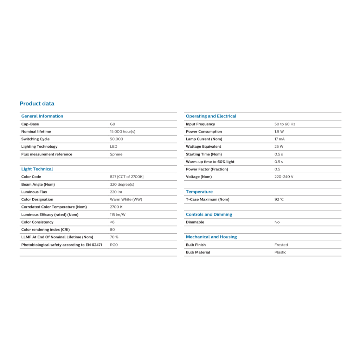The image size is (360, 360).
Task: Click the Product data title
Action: tap(37, 103)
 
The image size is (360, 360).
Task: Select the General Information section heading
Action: tap(42, 116)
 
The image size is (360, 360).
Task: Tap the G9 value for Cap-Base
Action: tap(112, 124)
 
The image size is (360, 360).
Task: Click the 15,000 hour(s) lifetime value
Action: tap(122, 131)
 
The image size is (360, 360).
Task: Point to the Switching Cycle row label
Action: tap(35, 139)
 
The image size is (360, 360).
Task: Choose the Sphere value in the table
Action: tap(116, 154)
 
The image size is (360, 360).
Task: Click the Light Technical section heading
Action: tap(37, 169)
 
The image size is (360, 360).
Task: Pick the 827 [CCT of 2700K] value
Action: tap(127, 177)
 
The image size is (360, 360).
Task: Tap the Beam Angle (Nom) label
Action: tap(38, 185)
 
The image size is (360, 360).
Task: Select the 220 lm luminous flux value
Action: tap(116, 192)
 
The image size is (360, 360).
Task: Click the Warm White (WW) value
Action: tap(126, 199)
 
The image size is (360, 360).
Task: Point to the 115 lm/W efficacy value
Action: tap(118, 215)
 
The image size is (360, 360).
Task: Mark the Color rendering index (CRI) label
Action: tap(45, 230)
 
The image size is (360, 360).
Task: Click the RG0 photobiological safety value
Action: tap(114, 245)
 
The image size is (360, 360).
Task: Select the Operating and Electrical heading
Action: tap(211, 116)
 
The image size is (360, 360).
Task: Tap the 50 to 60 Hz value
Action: tap(285, 124)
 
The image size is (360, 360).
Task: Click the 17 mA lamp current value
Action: tap(279, 139)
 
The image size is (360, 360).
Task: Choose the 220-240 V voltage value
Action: tap(284, 177)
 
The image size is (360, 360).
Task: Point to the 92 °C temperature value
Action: tap(279, 199)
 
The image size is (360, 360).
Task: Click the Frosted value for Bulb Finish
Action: tap(281, 245)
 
